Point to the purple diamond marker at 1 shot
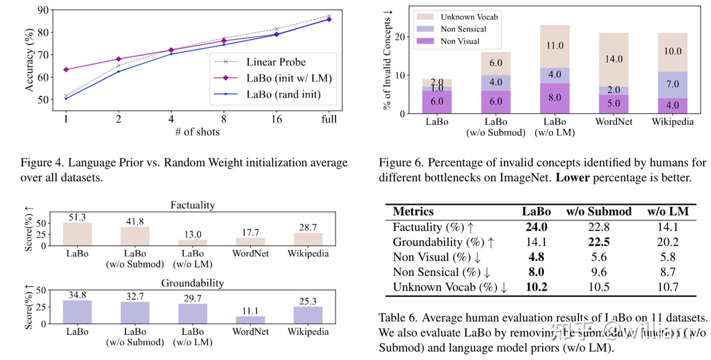click(66, 70)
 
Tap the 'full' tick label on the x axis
click(329, 119)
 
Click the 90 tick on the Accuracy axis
click(43, 10)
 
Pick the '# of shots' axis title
click(197, 132)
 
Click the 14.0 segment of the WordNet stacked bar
click(614, 59)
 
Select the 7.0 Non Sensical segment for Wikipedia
click(672, 85)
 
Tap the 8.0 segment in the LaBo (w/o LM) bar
click(555, 98)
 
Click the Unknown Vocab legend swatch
click(425, 17)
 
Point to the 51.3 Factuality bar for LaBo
click(77, 234)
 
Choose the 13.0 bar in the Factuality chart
click(193, 242)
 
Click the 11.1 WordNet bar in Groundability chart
click(250, 319)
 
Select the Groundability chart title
click(192, 283)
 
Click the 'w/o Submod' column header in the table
click(599, 211)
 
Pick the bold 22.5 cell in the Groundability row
click(599, 242)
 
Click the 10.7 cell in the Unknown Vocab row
click(668, 287)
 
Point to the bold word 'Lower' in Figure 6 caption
click(572, 177)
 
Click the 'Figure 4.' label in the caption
click(42, 162)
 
